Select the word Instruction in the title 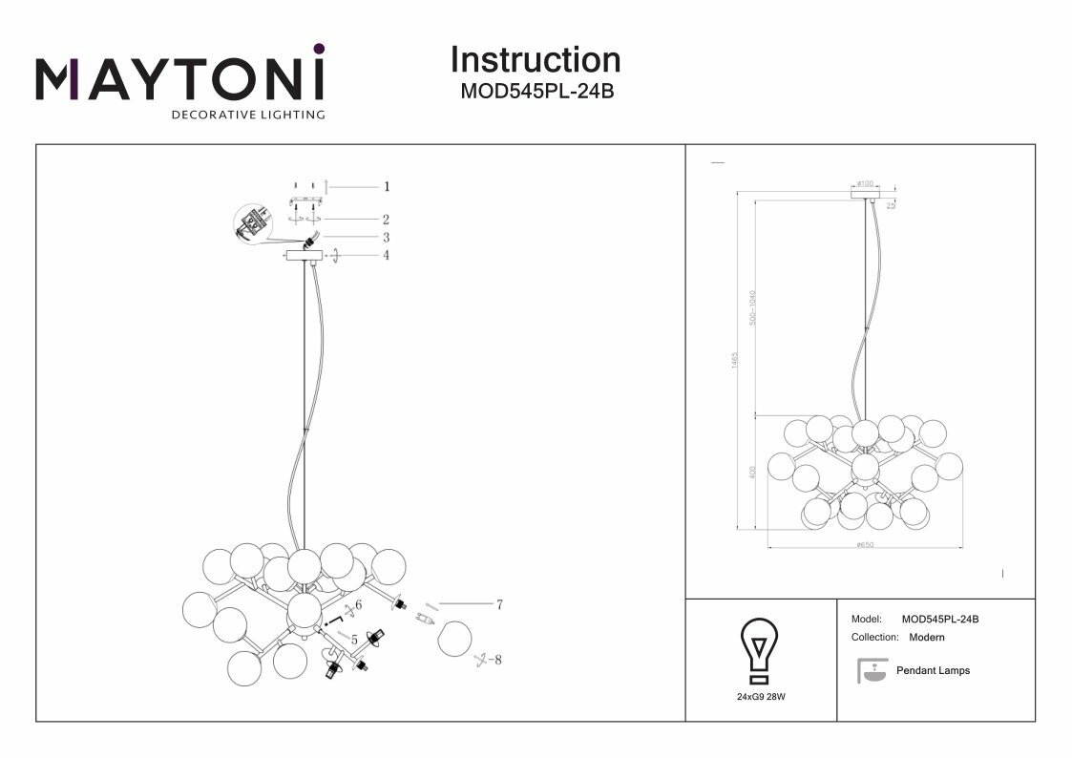(x=535, y=59)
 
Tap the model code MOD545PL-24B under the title (x=535, y=93)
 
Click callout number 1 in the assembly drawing (x=387, y=187)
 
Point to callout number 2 (x=387, y=220)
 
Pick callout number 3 (x=387, y=238)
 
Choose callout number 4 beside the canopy (x=387, y=256)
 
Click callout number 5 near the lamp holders (x=354, y=640)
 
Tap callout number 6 (x=359, y=605)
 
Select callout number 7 (x=499, y=604)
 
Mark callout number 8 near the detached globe (x=497, y=659)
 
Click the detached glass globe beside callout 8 (x=454, y=637)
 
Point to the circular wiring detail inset (x=253, y=225)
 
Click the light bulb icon (x=760, y=650)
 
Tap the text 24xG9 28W (x=761, y=698)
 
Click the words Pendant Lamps (x=933, y=671)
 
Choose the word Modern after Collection (x=927, y=637)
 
